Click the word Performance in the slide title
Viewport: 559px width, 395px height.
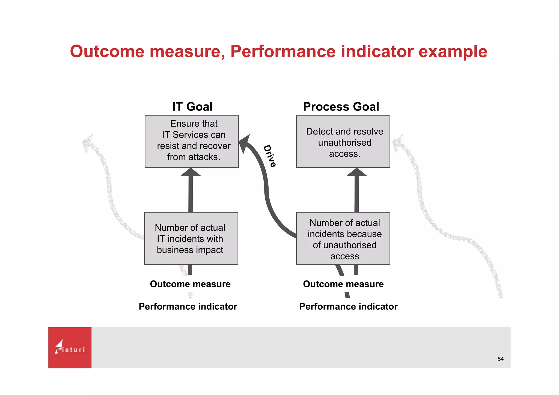(x=283, y=52)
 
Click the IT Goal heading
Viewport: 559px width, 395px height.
(x=192, y=107)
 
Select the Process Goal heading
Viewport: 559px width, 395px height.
(x=341, y=107)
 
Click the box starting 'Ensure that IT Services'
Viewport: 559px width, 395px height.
(x=192, y=141)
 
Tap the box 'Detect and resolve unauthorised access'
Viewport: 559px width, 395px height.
(x=343, y=141)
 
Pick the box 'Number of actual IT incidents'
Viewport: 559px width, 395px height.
(x=191, y=238)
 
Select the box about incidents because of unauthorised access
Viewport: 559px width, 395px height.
(x=343, y=238)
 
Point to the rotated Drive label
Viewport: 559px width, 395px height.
(x=270, y=156)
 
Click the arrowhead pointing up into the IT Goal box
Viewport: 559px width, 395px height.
(x=191, y=173)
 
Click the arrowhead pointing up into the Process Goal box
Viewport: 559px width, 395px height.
(x=356, y=173)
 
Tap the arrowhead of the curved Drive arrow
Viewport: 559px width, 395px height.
(x=245, y=142)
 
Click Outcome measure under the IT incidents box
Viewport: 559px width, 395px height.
(x=190, y=284)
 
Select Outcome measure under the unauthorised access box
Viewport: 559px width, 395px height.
(x=343, y=284)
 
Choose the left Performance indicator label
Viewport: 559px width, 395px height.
(x=188, y=306)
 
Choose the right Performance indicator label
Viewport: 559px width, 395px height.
(x=348, y=306)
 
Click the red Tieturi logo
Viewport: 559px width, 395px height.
(x=70, y=348)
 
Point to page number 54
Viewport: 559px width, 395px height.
(x=500, y=359)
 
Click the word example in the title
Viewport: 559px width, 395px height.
(x=453, y=52)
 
